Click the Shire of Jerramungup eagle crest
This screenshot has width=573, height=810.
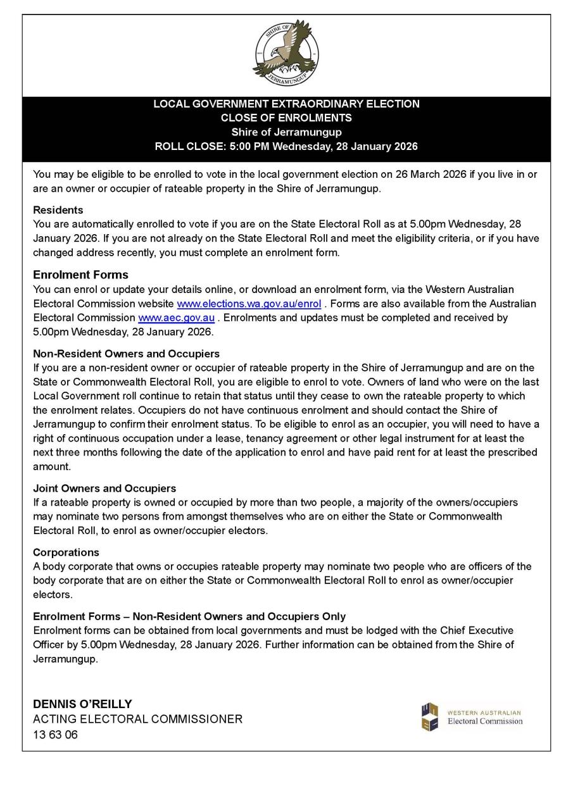[x=286, y=53]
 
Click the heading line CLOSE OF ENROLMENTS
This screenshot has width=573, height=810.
[x=286, y=118]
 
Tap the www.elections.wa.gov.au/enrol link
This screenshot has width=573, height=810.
[x=249, y=304]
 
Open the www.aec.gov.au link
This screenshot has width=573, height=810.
[x=176, y=318]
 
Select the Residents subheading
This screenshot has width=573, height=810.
[x=58, y=210]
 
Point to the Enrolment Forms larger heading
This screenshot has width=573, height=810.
[x=80, y=275]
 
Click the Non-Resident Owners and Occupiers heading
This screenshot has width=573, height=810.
[x=126, y=354]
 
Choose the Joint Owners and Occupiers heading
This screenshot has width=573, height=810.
[x=104, y=489]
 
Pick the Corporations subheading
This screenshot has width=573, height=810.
[x=66, y=552]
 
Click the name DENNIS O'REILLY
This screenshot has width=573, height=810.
[x=82, y=704]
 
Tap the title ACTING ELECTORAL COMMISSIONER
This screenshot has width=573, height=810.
[x=137, y=720]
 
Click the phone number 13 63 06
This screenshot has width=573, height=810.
[x=55, y=735]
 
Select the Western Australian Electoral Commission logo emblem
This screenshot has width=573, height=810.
[x=430, y=717]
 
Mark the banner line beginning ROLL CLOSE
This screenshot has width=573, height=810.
[x=286, y=147]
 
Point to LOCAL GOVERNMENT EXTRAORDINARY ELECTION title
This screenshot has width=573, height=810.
[x=286, y=104]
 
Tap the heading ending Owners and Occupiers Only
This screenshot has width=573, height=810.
[x=189, y=616]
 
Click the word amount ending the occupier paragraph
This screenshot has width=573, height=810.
[x=51, y=466]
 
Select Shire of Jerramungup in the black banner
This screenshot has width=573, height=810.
[x=286, y=132]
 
